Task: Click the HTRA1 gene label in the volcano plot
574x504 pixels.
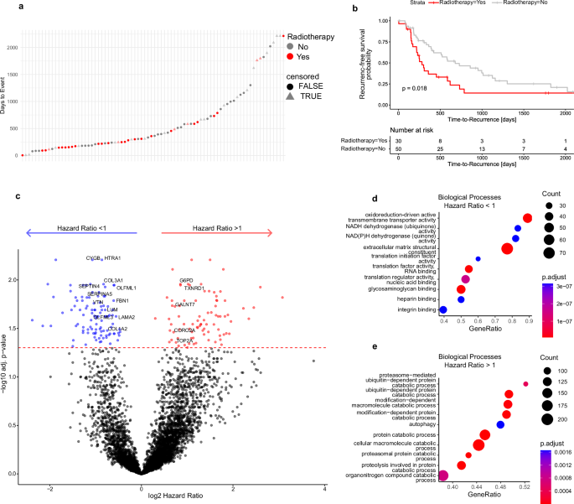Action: click(112, 257)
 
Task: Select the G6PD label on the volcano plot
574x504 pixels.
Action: click(186, 281)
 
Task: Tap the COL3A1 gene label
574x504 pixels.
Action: click(113, 280)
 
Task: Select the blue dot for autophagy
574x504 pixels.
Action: click(500, 425)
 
